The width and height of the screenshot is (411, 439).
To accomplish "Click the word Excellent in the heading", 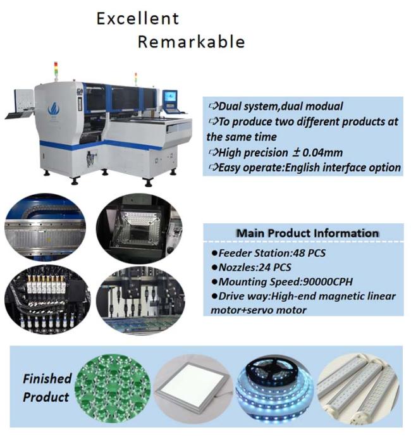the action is point(137,19).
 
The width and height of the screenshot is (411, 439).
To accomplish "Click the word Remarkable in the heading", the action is point(192,42).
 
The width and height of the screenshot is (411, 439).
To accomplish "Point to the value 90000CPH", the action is point(328,281).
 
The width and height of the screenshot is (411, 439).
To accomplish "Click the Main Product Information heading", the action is point(308,233).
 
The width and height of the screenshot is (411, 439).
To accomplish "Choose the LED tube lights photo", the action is point(358,388).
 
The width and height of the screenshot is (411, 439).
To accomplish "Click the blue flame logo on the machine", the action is point(54,109).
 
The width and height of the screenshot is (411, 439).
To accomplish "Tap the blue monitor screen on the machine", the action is point(170,97).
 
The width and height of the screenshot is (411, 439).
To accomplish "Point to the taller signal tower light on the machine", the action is point(56,71).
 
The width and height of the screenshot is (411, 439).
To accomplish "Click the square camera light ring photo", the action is point(139,228).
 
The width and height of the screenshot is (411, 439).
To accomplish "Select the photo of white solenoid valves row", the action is point(47,299).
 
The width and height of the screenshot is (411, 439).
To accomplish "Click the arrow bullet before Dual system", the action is point(213,106).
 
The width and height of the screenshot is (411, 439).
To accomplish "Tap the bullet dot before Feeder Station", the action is point(214,253).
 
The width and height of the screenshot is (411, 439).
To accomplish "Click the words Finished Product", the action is point(47,388).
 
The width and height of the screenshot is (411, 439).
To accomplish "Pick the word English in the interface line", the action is point(302,168).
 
